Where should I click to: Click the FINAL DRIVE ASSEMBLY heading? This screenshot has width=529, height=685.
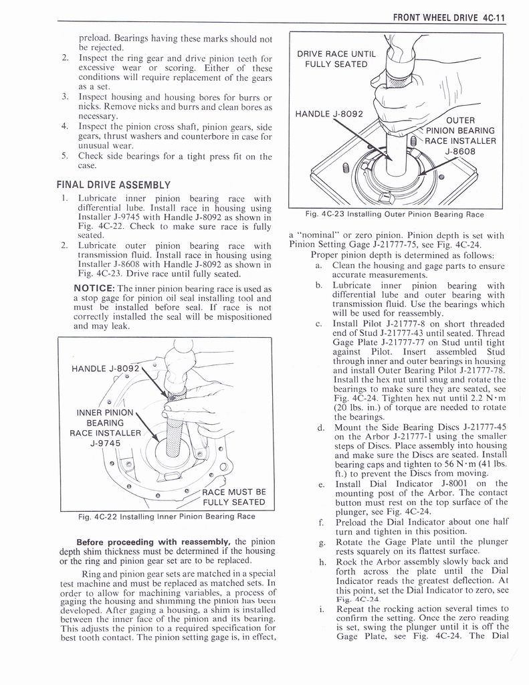point(114,185)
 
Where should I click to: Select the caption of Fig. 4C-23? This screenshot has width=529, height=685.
point(393,215)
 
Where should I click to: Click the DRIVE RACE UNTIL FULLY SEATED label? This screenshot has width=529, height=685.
point(336,59)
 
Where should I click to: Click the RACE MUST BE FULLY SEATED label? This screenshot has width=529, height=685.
point(233,497)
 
